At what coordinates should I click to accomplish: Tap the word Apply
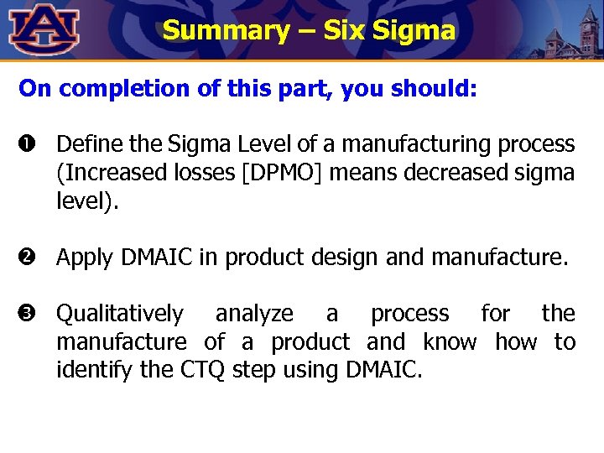[84, 258]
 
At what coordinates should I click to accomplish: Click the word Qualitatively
[119, 315]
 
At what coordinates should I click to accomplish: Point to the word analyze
[254, 315]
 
